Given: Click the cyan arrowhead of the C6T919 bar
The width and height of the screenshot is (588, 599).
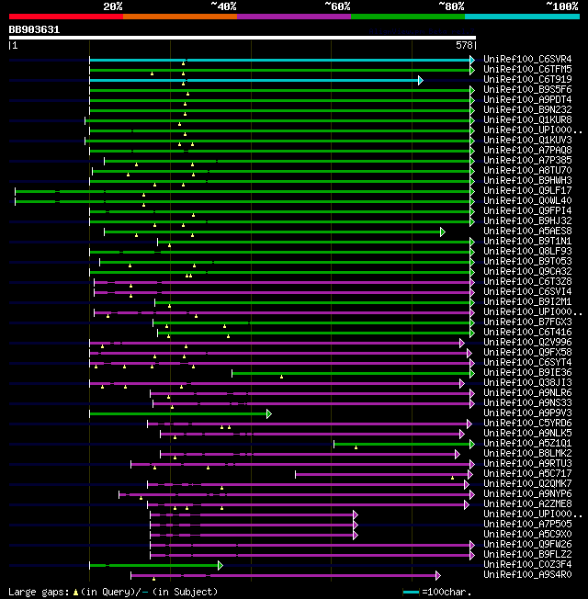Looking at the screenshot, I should [420, 80].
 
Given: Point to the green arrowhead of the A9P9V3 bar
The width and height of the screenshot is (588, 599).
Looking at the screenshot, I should [268, 413].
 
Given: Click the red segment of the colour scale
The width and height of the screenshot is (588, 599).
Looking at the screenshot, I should [65, 17].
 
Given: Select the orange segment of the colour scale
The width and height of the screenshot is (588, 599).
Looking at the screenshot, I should [179, 17].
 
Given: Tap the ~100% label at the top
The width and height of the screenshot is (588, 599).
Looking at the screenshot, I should [560, 6].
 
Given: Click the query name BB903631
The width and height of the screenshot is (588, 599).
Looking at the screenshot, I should [34, 29].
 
